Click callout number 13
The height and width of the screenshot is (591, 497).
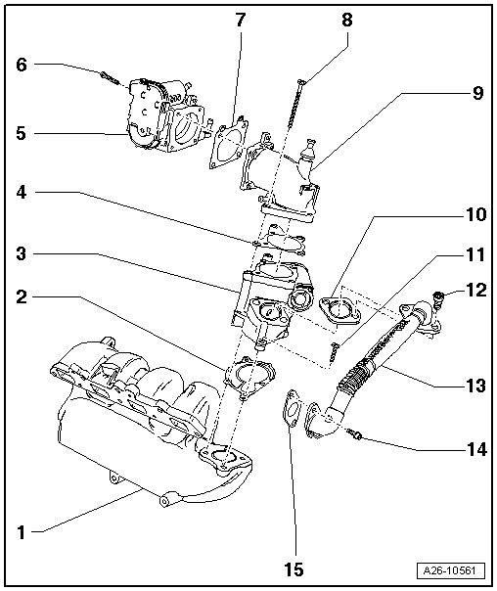click(x=475, y=386)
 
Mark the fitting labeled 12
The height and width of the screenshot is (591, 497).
click(x=440, y=292)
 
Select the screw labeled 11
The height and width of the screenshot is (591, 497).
click(x=335, y=345)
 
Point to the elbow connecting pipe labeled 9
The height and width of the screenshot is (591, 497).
click(x=284, y=181)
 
